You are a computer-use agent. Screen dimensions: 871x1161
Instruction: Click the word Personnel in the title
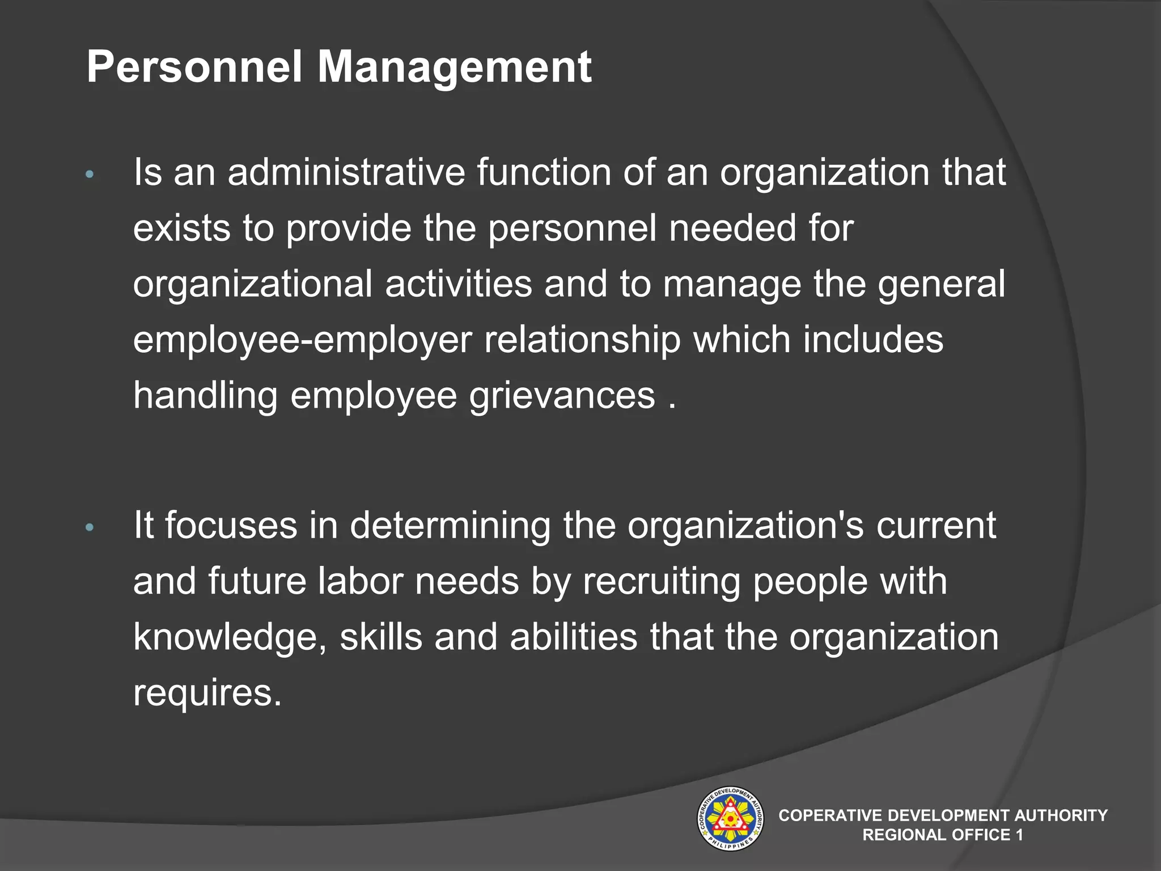194,67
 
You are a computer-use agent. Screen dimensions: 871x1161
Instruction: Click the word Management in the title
454,67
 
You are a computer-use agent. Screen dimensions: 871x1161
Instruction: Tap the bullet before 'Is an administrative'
89,175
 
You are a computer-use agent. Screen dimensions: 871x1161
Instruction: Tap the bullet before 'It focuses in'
89,528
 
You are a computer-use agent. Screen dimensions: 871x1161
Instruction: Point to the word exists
181,228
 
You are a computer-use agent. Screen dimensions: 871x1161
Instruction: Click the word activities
458,284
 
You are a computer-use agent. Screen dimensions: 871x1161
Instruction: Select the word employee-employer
302,340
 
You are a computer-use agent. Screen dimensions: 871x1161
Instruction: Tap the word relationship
582,340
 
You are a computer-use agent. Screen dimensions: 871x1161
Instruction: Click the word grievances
562,396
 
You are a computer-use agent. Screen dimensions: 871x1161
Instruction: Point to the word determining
450,525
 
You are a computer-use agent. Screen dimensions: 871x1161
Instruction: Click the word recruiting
661,581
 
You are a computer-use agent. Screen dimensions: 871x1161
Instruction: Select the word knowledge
230,637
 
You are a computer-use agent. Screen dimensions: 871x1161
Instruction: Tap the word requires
207,693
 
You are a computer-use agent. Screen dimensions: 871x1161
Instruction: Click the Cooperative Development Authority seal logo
730,818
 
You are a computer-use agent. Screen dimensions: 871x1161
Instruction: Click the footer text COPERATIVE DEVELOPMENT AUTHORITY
943,815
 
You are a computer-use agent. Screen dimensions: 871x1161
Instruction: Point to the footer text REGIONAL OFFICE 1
943,835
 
